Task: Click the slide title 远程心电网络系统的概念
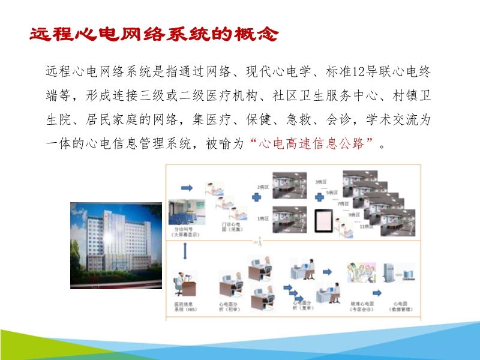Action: [x=154, y=34]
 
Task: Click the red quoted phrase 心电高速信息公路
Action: [x=311, y=145]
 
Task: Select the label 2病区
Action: [x=263, y=187]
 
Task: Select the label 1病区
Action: [x=263, y=218]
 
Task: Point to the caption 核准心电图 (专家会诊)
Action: [x=361, y=308]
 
